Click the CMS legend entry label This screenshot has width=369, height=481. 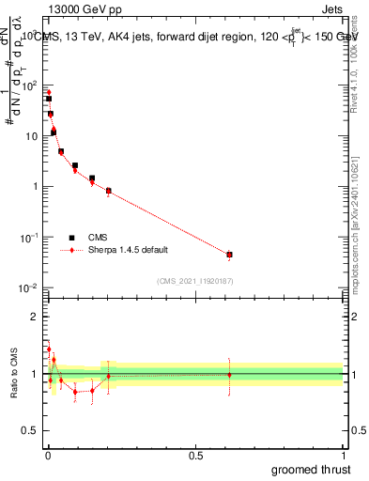(x=99, y=238)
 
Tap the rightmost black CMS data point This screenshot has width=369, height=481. (x=229, y=255)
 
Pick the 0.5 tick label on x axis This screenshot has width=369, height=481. (x=195, y=455)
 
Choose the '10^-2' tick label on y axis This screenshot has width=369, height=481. (x=27, y=287)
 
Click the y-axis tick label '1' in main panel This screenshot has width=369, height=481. (x=34, y=186)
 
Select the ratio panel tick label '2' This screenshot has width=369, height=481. (x=34, y=317)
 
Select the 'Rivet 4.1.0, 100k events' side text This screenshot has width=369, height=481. (x=357, y=66)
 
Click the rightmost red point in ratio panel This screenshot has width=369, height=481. (x=229, y=375)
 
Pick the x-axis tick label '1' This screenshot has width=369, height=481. (x=343, y=455)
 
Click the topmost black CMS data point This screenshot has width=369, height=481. (x=48, y=99)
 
